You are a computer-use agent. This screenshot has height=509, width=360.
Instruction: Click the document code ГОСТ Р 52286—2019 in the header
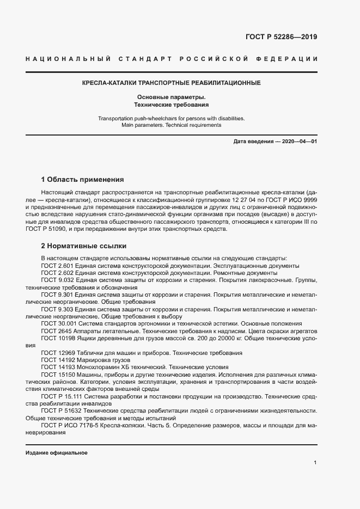(x=278, y=37)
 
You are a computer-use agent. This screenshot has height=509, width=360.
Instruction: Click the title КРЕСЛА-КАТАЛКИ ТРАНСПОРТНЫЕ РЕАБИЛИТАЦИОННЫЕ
(x=171, y=83)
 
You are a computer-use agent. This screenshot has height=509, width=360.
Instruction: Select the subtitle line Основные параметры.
(x=171, y=96)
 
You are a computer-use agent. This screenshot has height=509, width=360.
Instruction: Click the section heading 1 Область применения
(x=83, y=179)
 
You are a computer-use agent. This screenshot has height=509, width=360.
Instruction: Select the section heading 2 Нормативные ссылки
(x=83, y=246)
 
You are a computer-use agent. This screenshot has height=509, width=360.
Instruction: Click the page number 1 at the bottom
(x=315, y=462)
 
